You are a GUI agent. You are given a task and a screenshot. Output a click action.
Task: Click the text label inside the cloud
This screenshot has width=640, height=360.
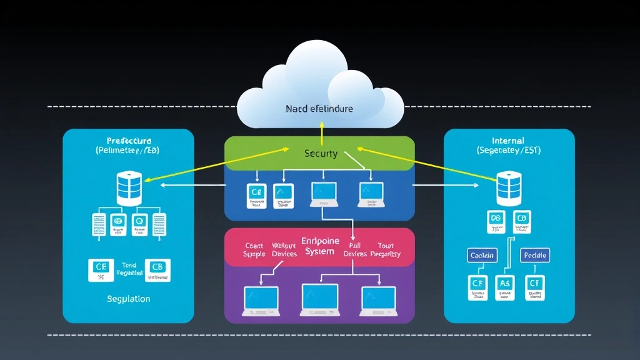(x=319, y=109)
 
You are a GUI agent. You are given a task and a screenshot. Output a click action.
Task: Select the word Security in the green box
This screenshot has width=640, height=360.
(x=321, y=153)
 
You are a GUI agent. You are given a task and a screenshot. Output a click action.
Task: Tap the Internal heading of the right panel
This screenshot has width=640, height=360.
(x=508, y=141)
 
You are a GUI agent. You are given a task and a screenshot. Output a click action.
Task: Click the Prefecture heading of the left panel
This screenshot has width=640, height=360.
(x=129, y=141)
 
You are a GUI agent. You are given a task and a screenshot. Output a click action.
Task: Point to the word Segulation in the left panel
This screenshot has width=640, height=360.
(x=128, y=299)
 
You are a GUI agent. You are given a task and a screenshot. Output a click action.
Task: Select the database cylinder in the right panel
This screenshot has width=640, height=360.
(x=509, y=189)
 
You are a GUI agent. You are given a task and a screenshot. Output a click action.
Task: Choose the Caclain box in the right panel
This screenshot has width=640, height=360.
(x=482, y=255)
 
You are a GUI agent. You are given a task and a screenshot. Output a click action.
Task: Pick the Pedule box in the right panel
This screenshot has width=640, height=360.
(x=534, y=255)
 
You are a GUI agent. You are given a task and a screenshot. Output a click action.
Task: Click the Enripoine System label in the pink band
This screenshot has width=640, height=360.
(x=320, y=246)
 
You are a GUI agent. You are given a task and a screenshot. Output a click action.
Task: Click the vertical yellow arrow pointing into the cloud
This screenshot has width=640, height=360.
(x=321, y=132)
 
